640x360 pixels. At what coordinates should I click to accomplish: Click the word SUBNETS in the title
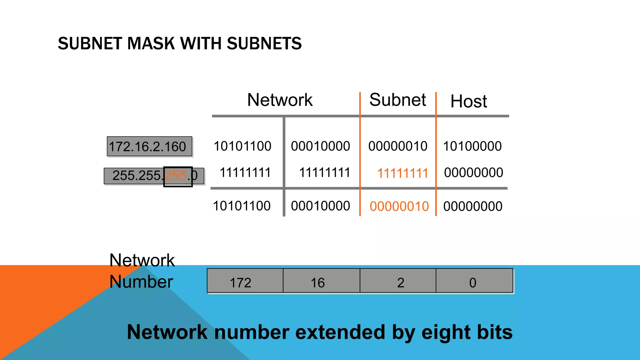coord(264,43)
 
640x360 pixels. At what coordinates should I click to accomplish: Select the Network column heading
coord(280,100)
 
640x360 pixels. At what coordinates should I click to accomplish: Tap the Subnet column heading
coord(397,100)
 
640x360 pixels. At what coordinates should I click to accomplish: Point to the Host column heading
coord(468,102)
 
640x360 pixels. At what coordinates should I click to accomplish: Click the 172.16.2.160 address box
coord(149,146)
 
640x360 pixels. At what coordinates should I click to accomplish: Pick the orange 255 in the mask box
coord(176,176)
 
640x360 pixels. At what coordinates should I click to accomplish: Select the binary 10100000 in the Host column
coord(472,146)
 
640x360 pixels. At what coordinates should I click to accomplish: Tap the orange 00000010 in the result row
coord(399,207)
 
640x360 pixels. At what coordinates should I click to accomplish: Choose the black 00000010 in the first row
coord(397,146)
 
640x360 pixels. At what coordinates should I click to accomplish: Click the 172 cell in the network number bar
coord(240,283)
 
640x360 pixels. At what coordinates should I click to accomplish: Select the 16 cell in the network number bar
coord(317,283)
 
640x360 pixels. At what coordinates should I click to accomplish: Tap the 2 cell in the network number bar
coord(401,283)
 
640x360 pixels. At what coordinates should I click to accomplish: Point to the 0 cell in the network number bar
coord(472,283)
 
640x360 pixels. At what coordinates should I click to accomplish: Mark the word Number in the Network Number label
coord(141,282)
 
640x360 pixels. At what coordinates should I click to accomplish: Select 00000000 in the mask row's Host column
coord(473,173)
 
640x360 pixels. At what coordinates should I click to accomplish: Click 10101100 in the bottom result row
coord(242,206)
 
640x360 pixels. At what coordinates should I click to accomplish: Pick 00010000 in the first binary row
coord(320,146)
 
